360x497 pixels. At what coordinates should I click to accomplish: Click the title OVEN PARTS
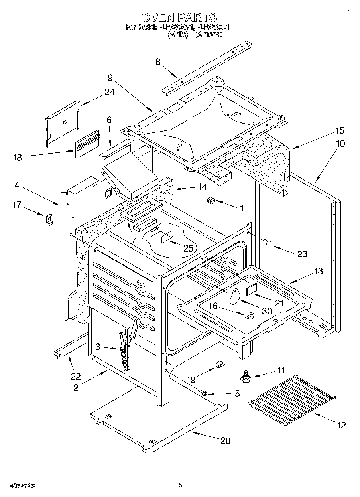click(179, 17)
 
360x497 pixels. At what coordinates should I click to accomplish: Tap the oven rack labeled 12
click(291, 393)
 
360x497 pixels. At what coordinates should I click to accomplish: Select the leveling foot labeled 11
click(244, 376)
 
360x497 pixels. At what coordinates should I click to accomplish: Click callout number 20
click(225, 440)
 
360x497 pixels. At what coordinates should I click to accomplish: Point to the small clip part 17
click(49, 219)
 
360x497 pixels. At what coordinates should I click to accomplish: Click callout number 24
click(109, 92)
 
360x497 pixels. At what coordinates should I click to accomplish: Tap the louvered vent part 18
click(87, 142)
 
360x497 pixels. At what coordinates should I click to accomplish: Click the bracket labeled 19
click(219, 365)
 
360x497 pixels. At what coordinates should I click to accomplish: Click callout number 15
click(339, 131)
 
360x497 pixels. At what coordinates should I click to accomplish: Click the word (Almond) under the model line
click(208, 35)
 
